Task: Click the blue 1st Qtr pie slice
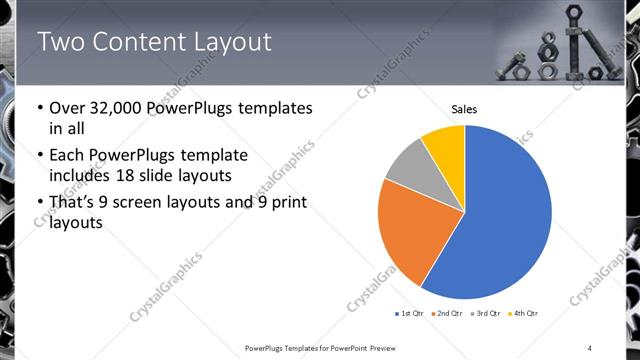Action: (505, 215)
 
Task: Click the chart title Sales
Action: (464, 108)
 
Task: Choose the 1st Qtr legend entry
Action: (409, 314)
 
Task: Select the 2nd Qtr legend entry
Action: (447, 314)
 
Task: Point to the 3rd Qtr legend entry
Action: (486, 314)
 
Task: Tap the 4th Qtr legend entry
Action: (524, 314)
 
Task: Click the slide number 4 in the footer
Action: (590, 347)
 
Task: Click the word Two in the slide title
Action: (59, 41)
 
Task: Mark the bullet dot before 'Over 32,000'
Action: (39, 108)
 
